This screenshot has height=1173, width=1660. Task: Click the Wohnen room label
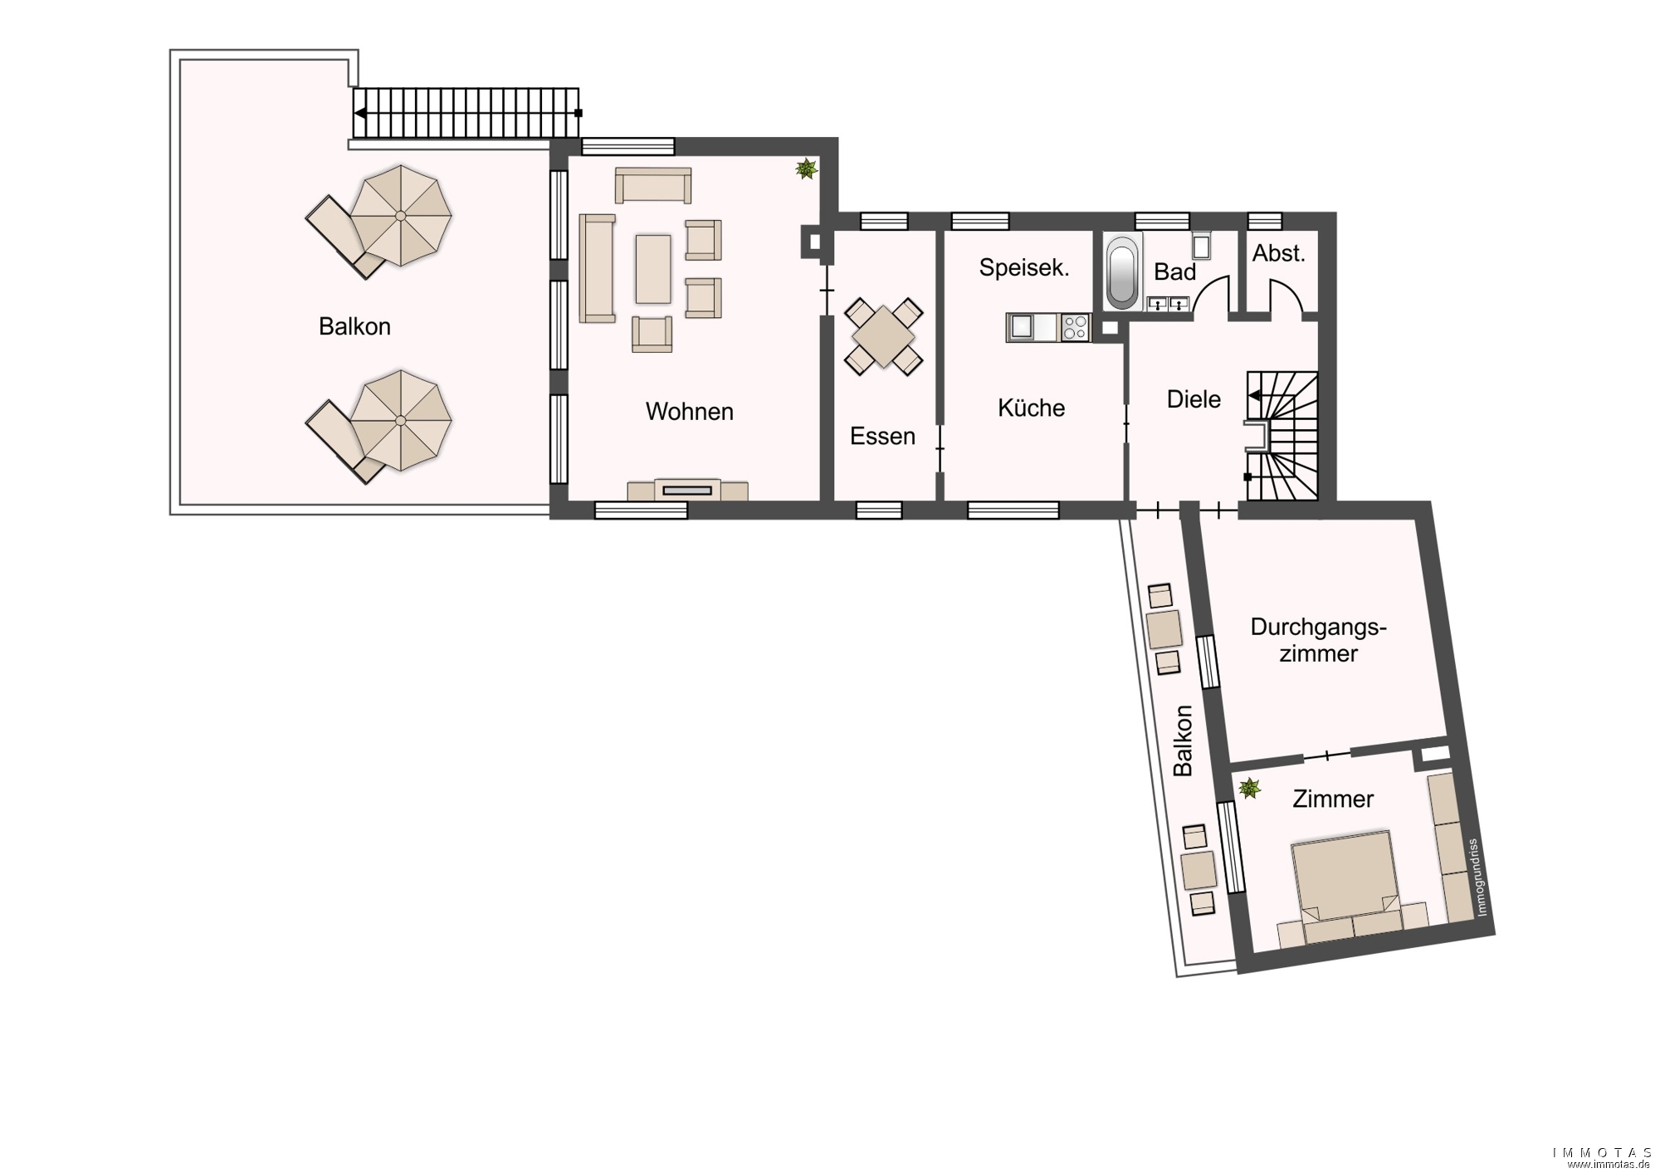(x=689, y=412)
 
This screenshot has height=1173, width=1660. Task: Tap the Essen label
(x=882, y=436)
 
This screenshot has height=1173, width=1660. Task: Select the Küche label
(x=1032, y=408)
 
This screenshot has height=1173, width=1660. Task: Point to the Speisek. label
(x=1024, y=267)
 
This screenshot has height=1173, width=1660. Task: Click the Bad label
(x=1174, y=271)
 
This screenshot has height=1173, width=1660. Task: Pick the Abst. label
(x=1278, y=253)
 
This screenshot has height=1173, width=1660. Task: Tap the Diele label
(x=1194, y=399)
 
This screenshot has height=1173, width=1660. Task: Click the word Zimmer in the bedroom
(x=1333, y=799)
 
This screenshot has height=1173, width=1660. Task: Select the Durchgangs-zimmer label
(x=1318, y=640)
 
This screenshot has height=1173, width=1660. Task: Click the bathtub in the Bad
(x=1123, y=272)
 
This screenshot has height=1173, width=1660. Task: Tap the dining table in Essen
(x=883, y=336)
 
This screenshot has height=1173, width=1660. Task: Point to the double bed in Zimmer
(x=1343, y=876)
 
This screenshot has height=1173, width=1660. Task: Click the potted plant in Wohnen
(x=806, y=169)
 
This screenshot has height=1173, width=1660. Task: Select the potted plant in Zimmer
(x=1249, y=788)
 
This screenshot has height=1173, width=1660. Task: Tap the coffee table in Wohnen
(x=653, y=268)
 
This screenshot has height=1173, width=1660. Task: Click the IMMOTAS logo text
(x=1602, y=1153)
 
